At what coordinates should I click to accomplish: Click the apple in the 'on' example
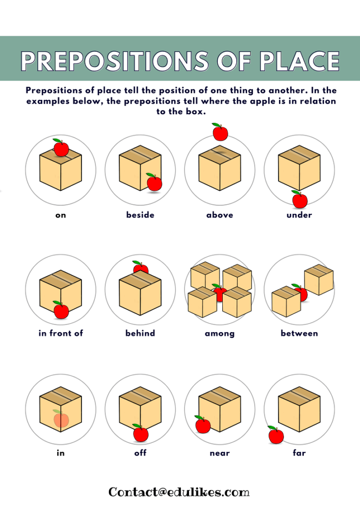[61, 148]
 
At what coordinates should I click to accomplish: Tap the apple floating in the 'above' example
[220, 133]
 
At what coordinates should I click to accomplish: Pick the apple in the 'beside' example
[154, 183]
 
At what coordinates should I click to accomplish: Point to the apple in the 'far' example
[275, 435]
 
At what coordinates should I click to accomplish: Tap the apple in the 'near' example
[202, 425]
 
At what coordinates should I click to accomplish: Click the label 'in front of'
[61, 333]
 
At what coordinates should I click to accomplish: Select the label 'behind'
[140, 333]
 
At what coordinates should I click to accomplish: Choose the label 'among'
[220, 333]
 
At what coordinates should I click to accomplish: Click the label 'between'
[299, 333]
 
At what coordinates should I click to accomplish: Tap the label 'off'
[140, 453]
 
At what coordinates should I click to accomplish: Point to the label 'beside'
[140, 215]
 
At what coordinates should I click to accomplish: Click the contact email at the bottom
[179, 492]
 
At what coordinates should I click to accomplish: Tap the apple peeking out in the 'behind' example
[140, 268]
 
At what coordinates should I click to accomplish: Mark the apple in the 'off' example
[141, 433]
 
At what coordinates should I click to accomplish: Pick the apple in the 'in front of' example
[61, 311]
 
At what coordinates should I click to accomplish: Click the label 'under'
[299, 215]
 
